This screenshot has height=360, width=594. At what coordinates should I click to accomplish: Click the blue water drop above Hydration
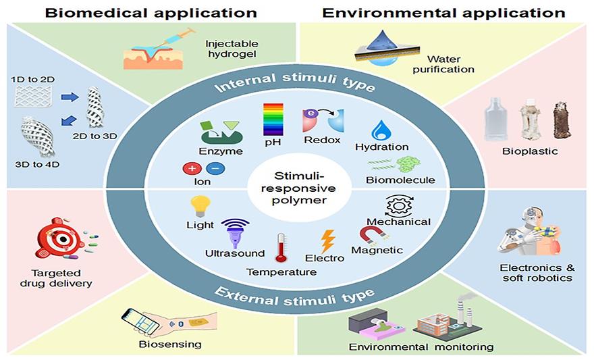(x=382, y=130)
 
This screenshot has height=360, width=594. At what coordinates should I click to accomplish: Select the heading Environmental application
(x=443, y=12)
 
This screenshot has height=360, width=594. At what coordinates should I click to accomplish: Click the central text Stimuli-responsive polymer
(x=297, y=188)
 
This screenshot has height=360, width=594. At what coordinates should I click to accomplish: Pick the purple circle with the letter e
(x=311, y=115)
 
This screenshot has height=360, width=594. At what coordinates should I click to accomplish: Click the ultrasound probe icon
(x=234, y=232)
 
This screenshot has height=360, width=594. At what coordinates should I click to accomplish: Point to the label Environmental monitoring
(x=421, y=347)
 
